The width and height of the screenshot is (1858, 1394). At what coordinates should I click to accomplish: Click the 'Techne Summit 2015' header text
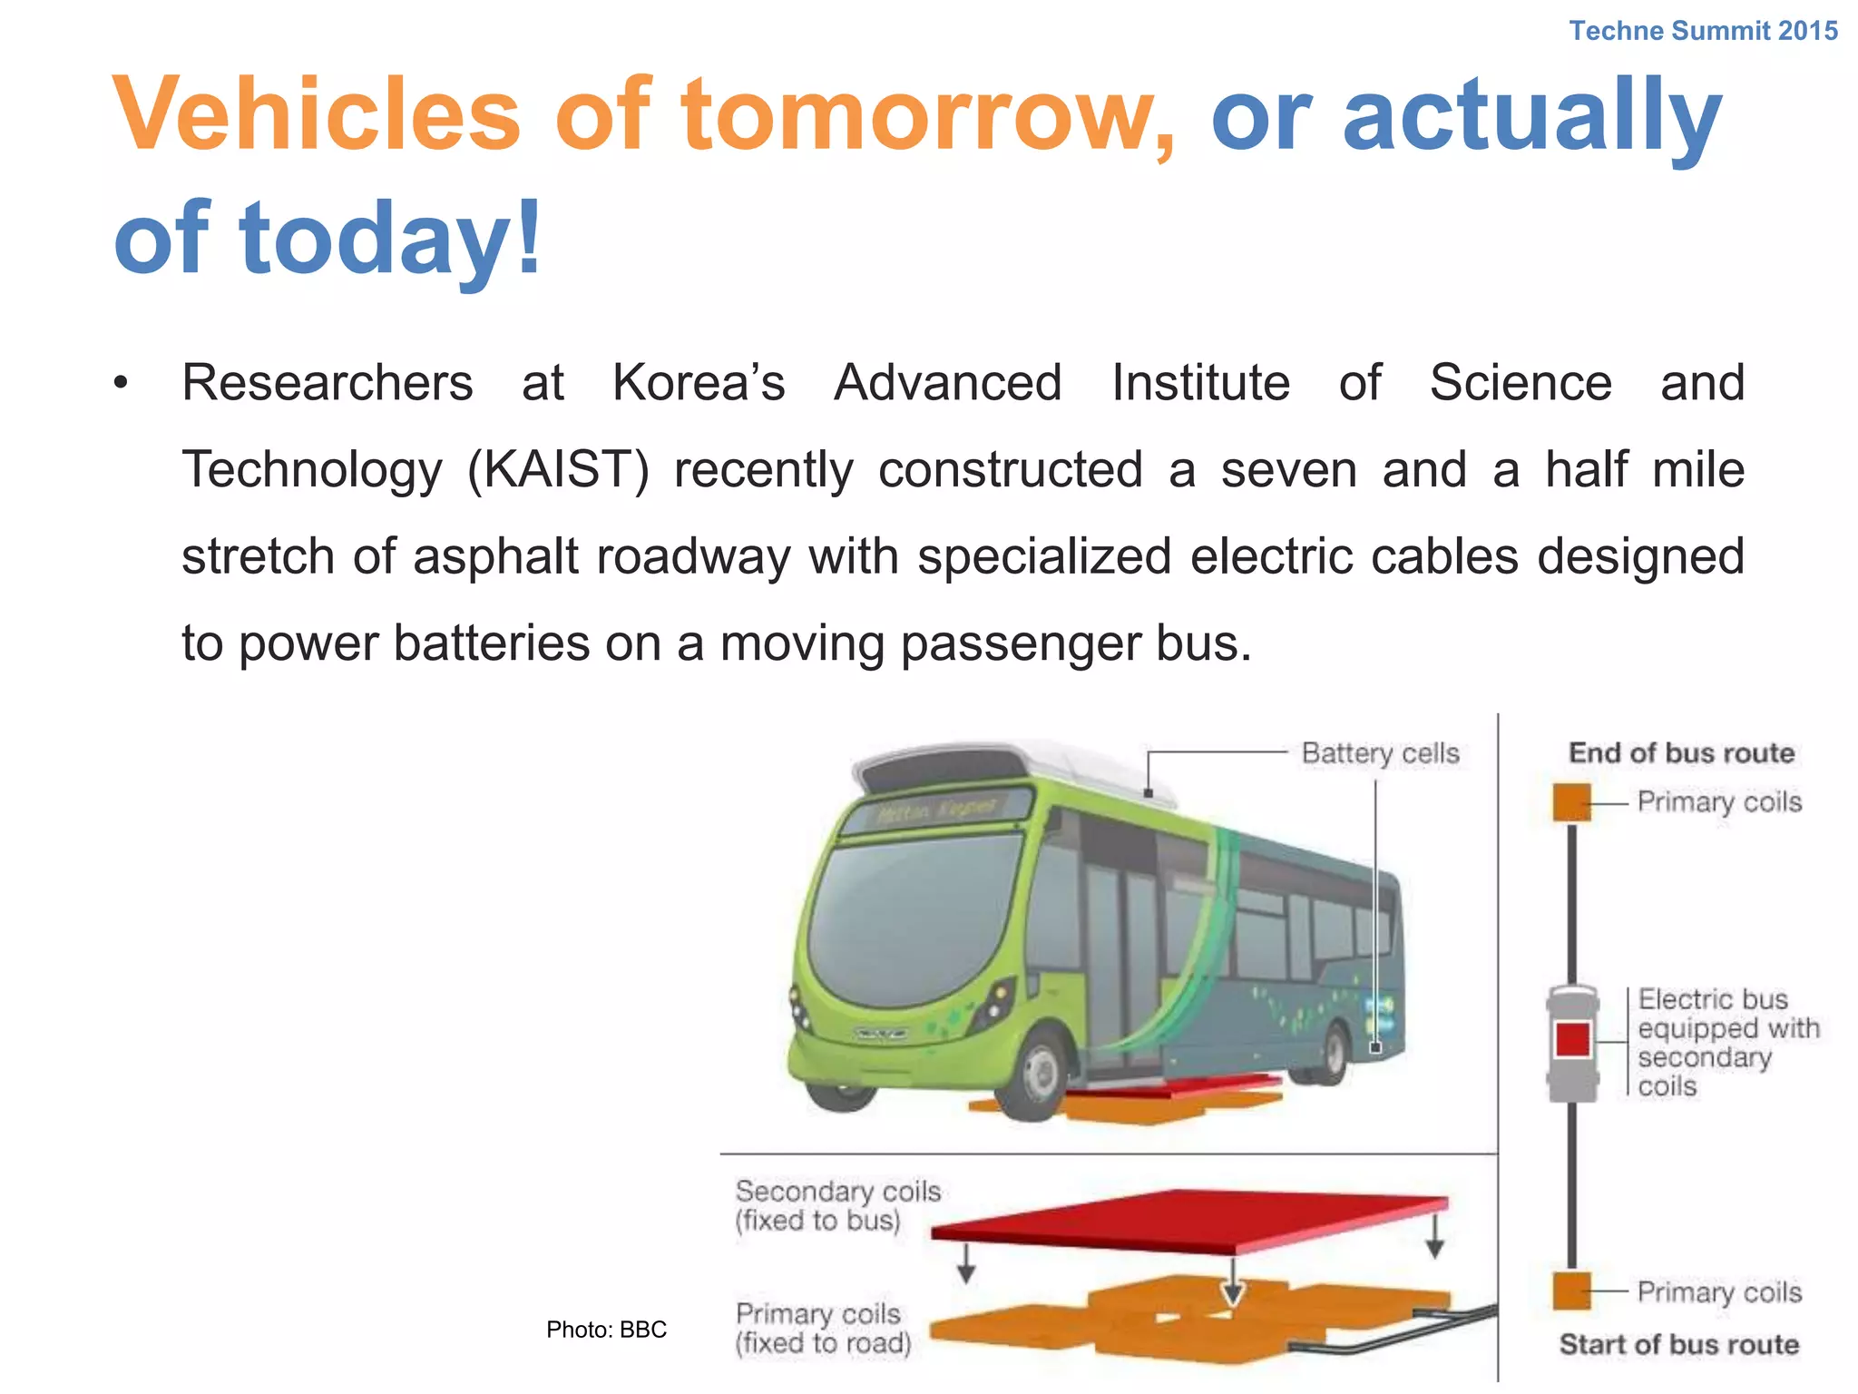(1703, 31)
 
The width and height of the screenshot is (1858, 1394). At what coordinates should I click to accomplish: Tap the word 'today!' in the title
(390, 238)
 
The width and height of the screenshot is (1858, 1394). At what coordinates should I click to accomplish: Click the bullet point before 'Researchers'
(121, 384)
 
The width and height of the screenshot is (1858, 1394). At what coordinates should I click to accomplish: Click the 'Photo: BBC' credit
(606, 1330)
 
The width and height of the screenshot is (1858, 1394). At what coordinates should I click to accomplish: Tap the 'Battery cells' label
(1380, 753)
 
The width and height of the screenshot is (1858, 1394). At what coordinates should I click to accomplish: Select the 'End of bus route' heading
(1681, 753)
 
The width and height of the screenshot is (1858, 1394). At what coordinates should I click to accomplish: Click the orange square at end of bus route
(1572, 802)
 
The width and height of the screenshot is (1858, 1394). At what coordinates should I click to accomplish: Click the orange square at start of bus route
(1572, 1291)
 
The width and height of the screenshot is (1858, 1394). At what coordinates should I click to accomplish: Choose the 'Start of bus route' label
(1678, 1344)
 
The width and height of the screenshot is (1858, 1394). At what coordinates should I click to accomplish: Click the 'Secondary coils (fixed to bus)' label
(836, 1206)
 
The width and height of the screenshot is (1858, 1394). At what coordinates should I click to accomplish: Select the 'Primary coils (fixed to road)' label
(823, 1329)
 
